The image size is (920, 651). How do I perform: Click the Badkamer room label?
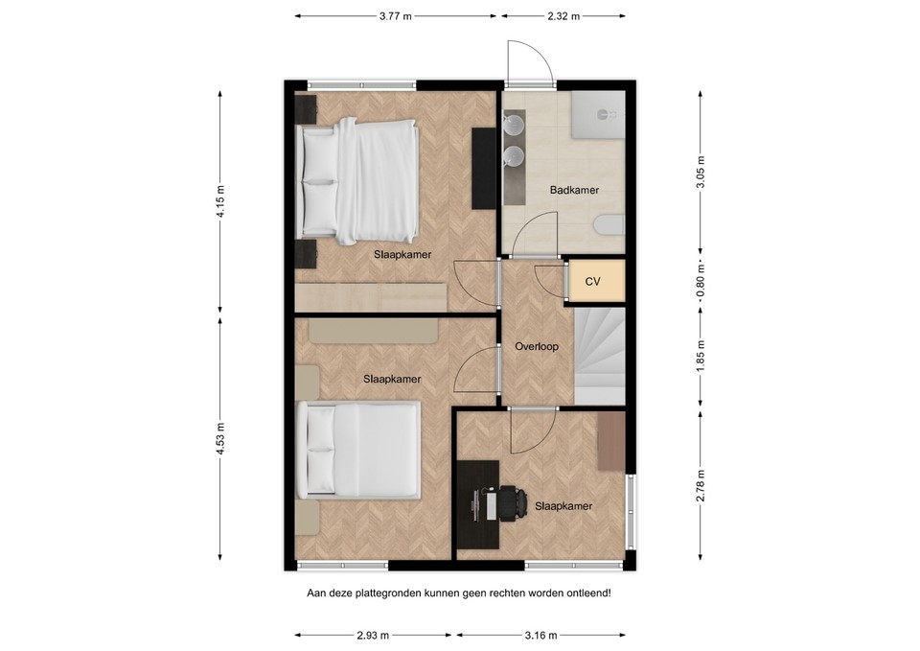coord(574,190)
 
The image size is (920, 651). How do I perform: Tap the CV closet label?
coord(592,282)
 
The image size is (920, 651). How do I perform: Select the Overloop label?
coord(537,346)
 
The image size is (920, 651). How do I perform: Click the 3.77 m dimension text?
coord(396,16)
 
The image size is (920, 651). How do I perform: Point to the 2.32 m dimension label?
coord(563,16)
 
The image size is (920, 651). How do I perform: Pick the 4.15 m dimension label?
coord(220,201)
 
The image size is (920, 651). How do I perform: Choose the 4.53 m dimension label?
coord(220,439)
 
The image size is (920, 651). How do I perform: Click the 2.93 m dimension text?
coord(373,635)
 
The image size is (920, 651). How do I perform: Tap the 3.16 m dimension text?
coord(540,635)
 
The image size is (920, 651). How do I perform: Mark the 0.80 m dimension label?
coord(700,281)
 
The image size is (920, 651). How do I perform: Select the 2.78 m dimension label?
coord(700,485)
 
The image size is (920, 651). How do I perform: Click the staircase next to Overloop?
coord(599,356)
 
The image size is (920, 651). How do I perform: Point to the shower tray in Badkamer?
coord(598,114)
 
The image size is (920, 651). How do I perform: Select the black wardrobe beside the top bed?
coord(484,167)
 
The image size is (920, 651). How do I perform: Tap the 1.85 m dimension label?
coord(700,355)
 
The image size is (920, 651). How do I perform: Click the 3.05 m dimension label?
coord(700,172)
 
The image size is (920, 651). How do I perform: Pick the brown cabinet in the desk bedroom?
coord(611,441)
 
